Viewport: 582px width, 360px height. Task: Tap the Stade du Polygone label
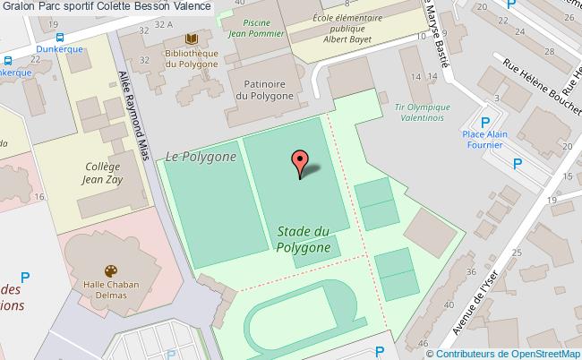point(304,239)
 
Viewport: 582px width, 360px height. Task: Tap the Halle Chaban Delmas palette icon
point(111,270)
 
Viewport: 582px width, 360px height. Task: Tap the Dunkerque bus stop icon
point(59,38)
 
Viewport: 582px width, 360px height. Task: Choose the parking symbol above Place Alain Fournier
point(486,123)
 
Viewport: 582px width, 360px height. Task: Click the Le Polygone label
point(201,157)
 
